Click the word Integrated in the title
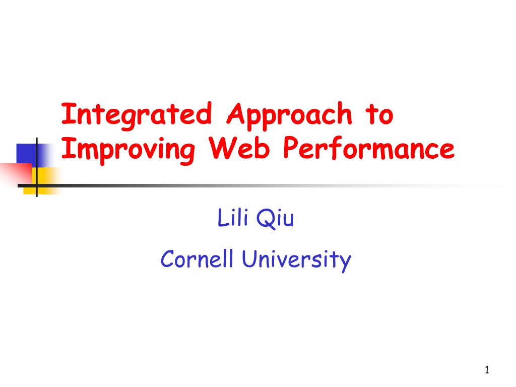click(137, 115)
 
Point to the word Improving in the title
click(128, 150)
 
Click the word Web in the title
click(239, 148)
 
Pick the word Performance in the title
click(368, 148)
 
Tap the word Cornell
click(197, 259)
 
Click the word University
click(296, 261)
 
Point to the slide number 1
click(487, 370)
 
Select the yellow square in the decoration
click(43, 180)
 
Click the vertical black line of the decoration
click(36, 167)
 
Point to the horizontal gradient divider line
click(260, 185)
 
